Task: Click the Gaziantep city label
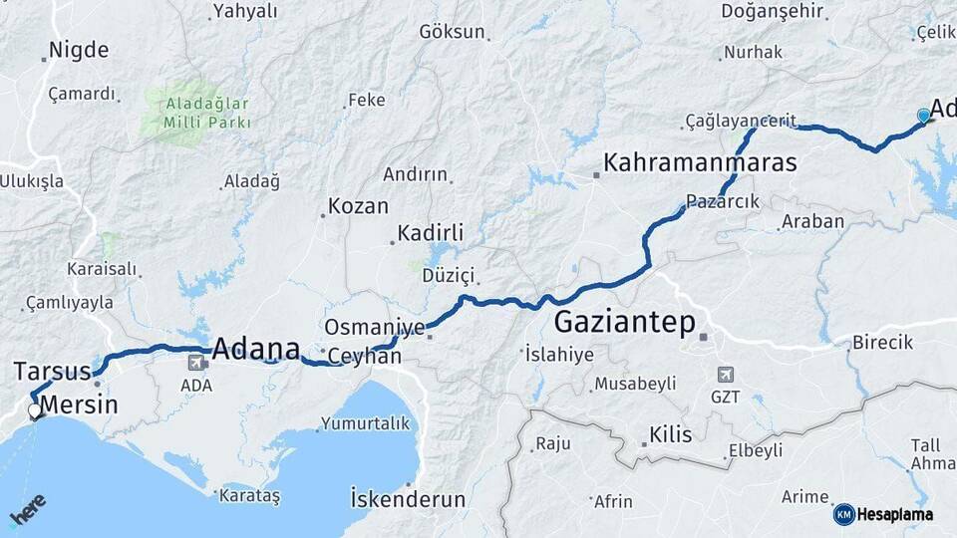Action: point(624,322)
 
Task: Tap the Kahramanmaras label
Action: point(700,162)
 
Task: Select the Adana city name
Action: point(256,348)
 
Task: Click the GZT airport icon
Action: point(726,376)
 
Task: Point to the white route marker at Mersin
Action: point(35,410)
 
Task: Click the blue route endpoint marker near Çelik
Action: point(923,117)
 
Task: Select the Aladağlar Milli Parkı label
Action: point(194,112)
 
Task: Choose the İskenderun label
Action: point(408,497)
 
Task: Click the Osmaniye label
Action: point(374,327)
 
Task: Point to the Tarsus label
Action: point(52,372)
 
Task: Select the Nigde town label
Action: point(79,50)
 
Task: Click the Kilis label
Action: point(670,435)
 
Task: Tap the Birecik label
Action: point(882,343)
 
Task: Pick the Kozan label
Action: point(358,206)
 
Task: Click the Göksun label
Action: point(451,31)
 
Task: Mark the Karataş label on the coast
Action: point(250,495)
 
